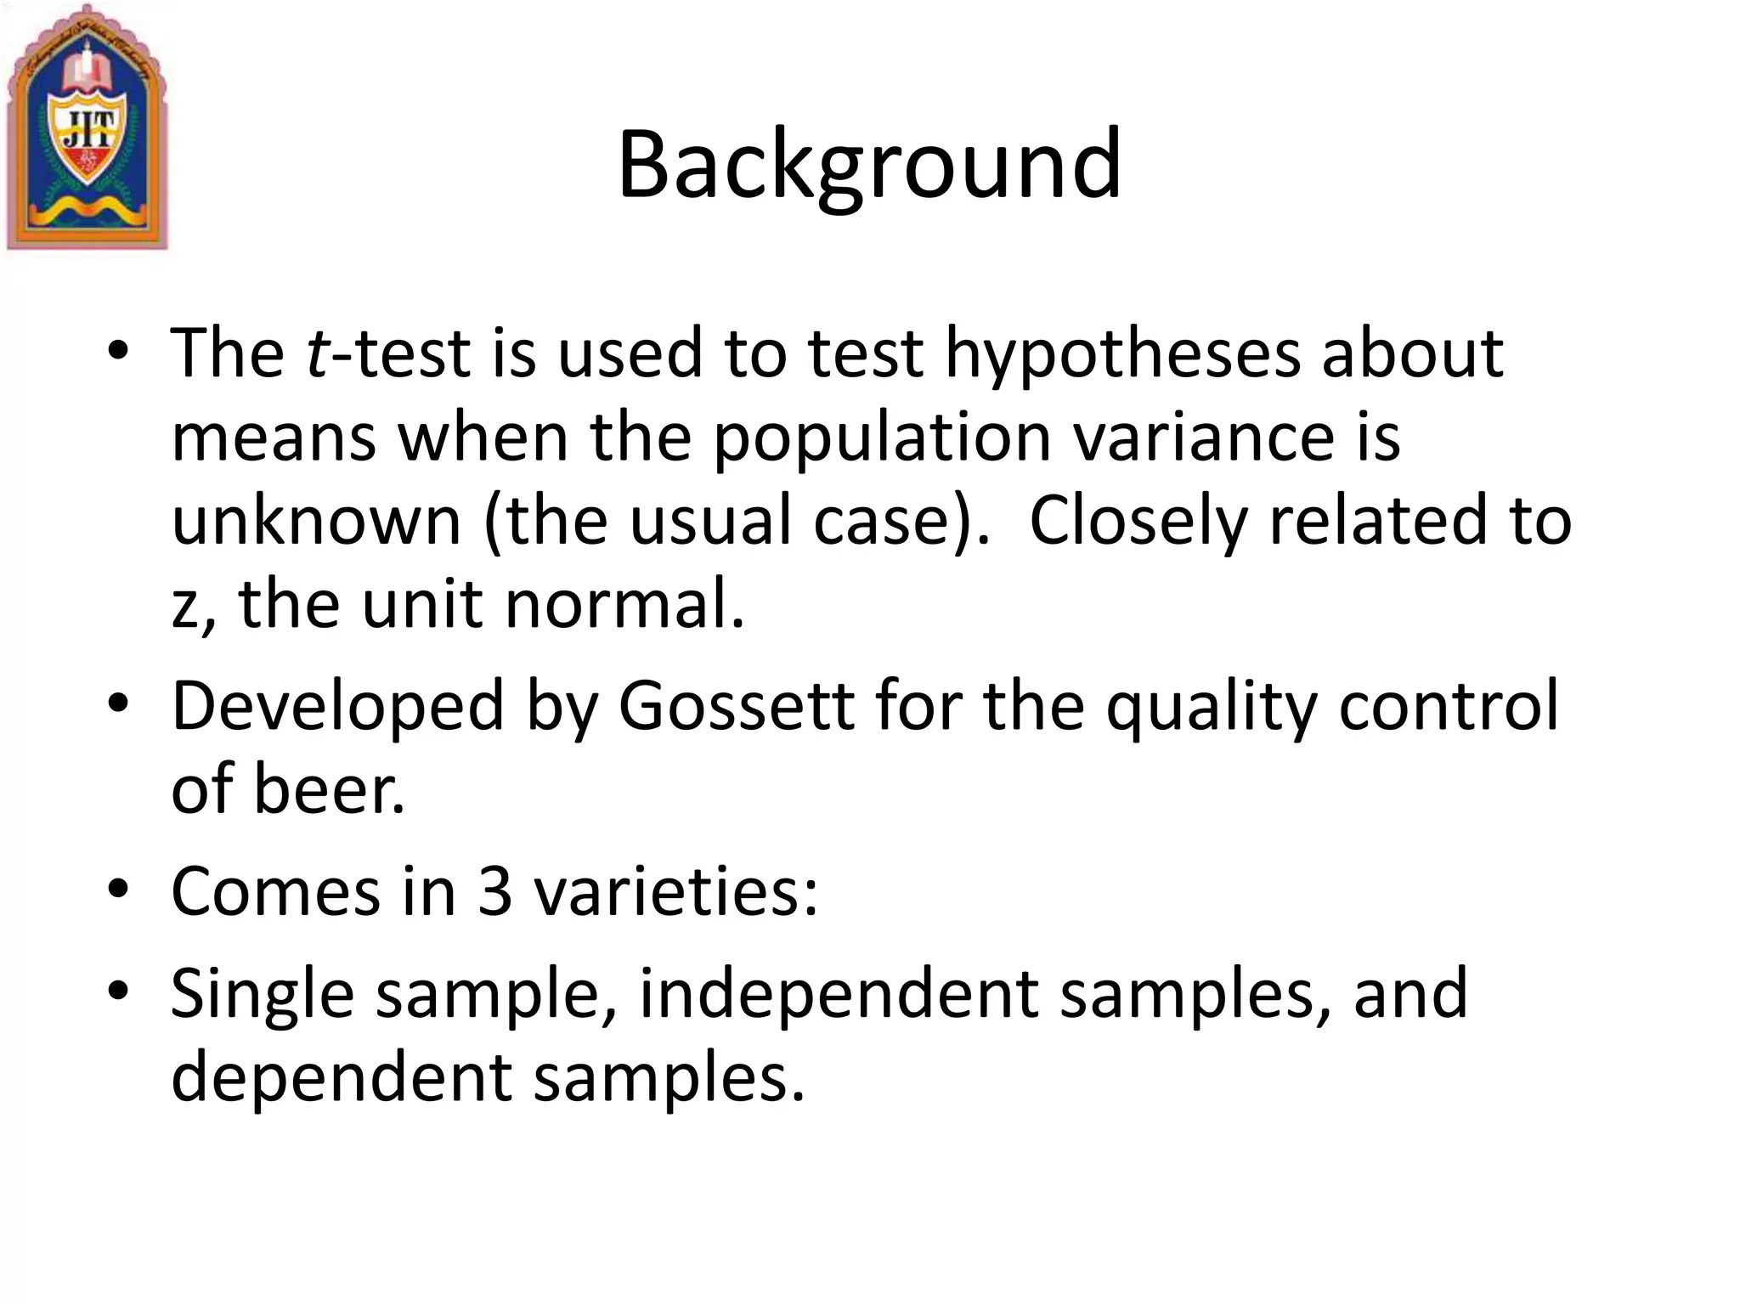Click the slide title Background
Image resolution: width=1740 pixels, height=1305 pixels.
[x=869, y=166]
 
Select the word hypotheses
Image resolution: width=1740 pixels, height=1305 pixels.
[x=1122, y=353]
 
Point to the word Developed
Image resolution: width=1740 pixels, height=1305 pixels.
[x=338, y=707]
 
